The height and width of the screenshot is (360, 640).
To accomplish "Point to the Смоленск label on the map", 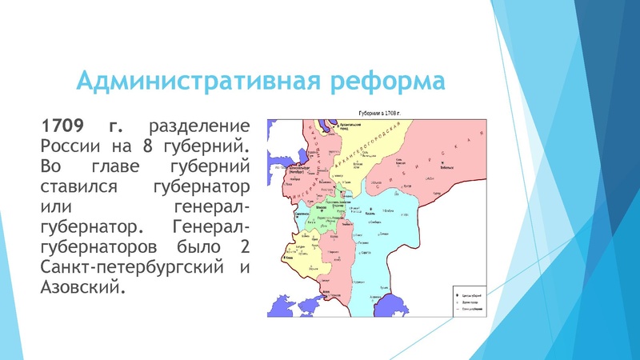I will (301, 214).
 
